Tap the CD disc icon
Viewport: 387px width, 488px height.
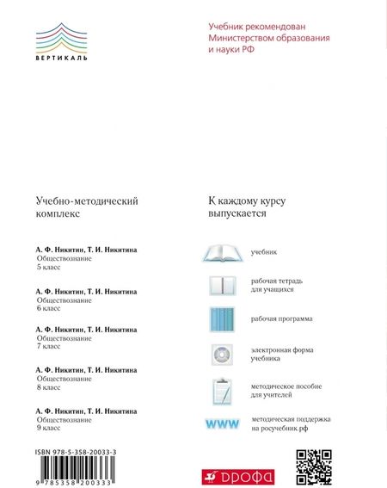click(222, 355)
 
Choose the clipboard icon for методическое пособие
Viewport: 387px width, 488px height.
click(222, 390)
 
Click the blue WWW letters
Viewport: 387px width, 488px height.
click(221, 423)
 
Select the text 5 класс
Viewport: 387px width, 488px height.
click(49, 267)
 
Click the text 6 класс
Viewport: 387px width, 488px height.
click(49, 308)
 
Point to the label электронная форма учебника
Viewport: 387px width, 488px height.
click(281, 355)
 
